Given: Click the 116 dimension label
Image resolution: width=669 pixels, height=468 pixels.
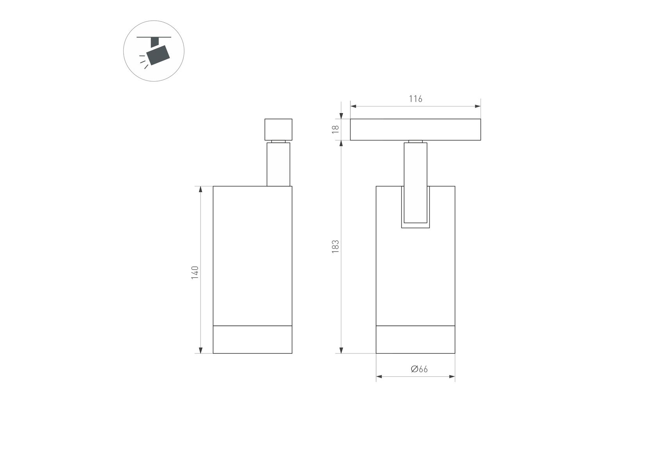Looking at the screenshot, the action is (415, 99).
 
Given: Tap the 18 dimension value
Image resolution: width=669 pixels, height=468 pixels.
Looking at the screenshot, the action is (335, 129).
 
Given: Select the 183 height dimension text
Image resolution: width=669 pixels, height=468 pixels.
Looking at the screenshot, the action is (335, 247).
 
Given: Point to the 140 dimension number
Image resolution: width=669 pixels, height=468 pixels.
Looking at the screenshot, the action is (195, 273).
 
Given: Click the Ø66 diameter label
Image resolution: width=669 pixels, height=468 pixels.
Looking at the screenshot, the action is (419, 369).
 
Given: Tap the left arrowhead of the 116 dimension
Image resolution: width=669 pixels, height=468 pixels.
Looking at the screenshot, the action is (353, 106).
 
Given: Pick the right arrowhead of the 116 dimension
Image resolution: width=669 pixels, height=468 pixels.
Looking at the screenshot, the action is (477, 106).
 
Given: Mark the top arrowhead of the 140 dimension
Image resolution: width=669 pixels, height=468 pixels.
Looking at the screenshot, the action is (201, 190).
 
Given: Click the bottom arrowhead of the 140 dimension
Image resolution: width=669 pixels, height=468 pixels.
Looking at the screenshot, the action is (201, 350).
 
